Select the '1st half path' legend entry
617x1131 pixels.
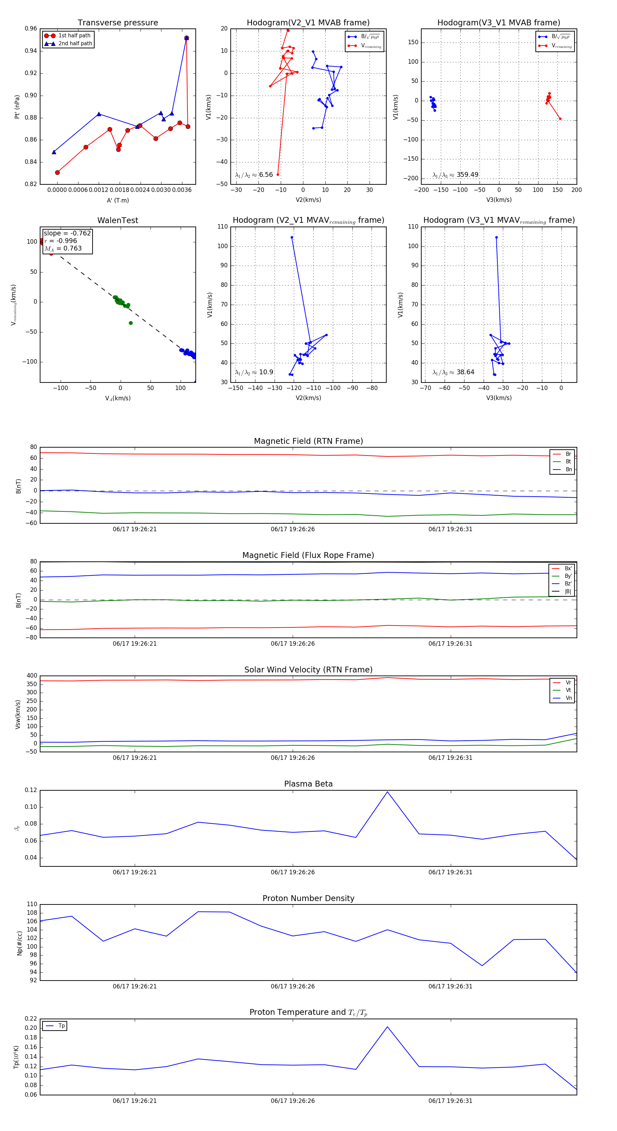(74, 36)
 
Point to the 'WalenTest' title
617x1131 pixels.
(118, 220)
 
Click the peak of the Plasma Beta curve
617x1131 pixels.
(387, 792)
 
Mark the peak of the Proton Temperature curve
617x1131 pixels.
(387, 1026)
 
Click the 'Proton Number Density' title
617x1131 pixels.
(308, 898)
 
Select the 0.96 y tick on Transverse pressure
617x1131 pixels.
(31, 28)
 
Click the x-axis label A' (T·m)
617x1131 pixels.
(118, 200)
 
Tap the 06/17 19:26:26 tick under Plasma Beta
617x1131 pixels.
(292, 872)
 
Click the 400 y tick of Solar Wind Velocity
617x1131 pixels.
(32, 676)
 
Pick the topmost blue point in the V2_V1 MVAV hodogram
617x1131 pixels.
(292, 238)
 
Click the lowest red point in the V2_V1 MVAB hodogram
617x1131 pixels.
(278, 174)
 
